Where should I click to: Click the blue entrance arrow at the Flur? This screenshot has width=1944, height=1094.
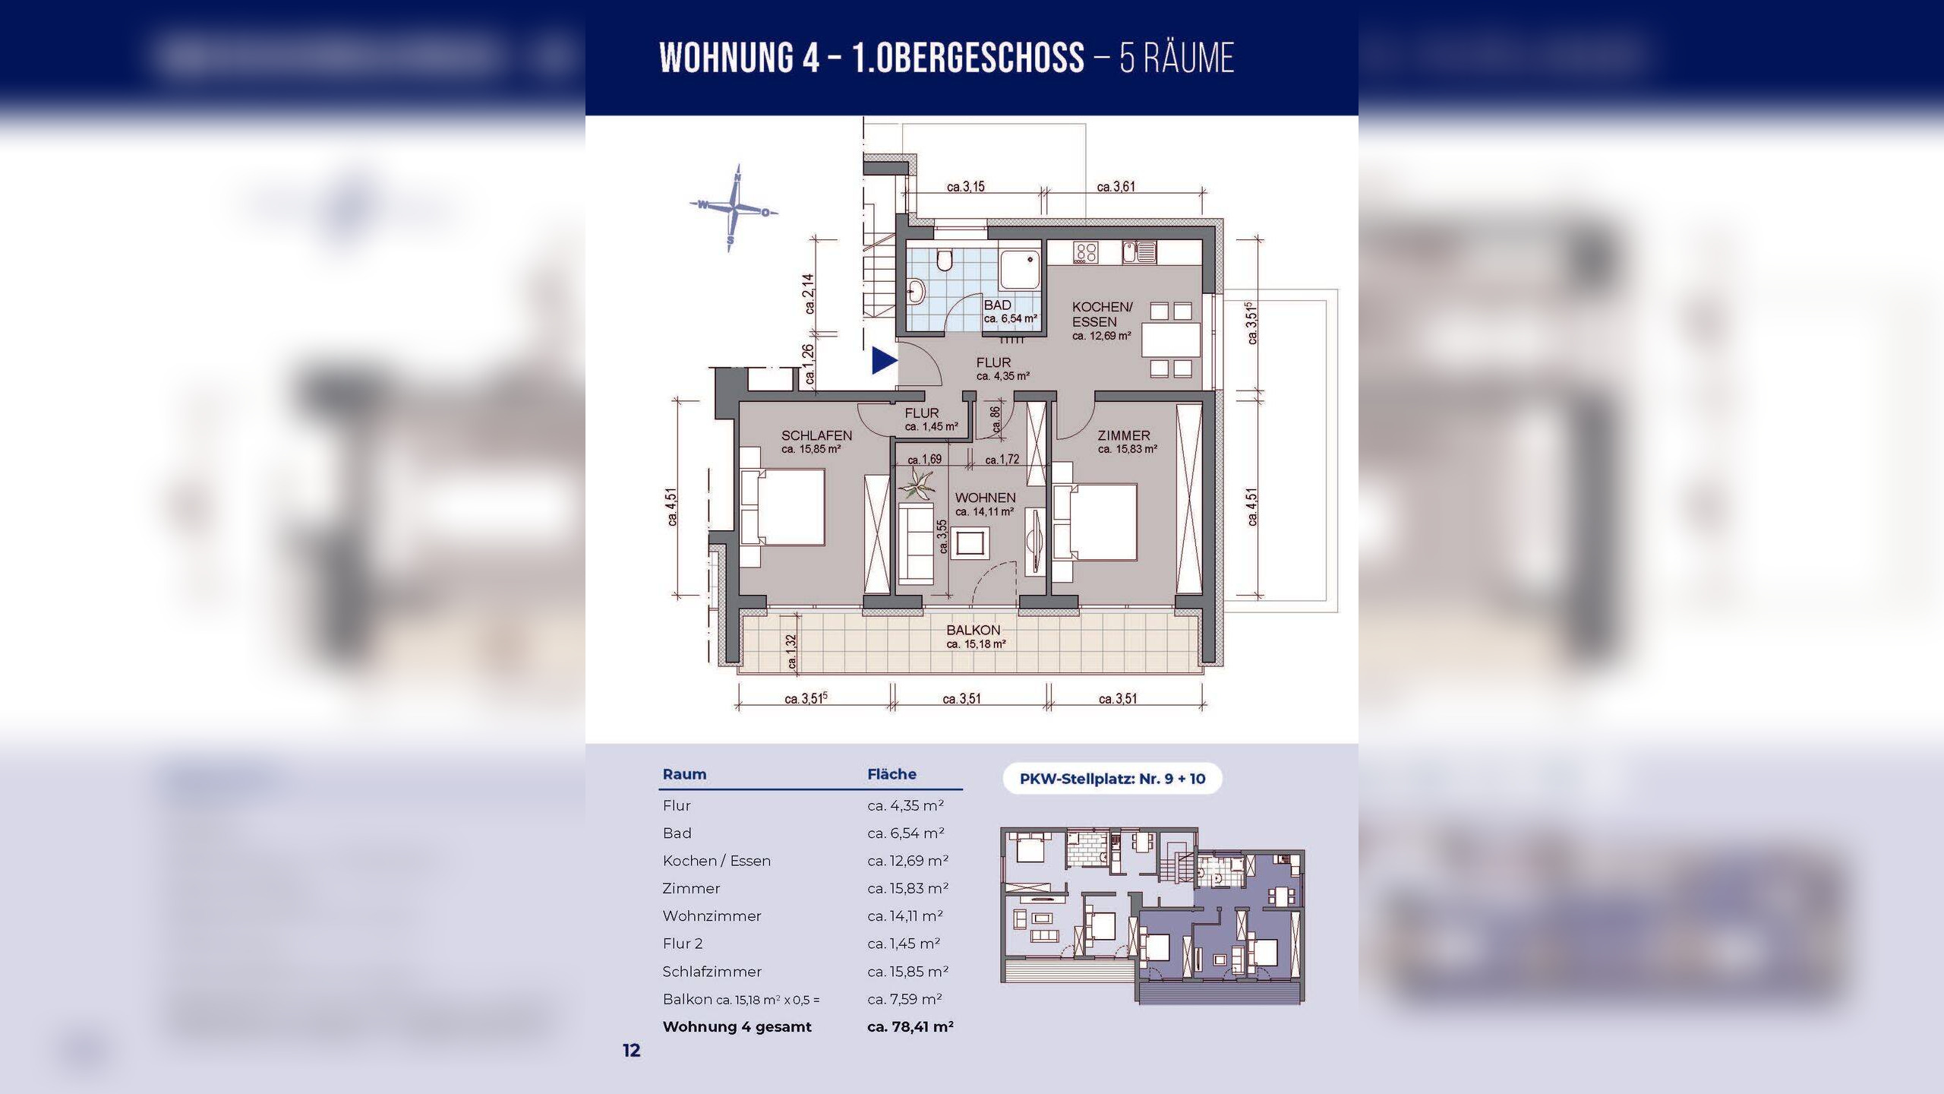pyautogui.click(x=883, y=360)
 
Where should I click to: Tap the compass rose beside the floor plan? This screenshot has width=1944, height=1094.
pyautogui.click(x=734, y=207)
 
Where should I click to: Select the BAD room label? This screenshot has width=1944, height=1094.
pyautogui.click(x=997, y=305)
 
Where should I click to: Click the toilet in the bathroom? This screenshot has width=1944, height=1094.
pyautogui.click(x=945, y=260)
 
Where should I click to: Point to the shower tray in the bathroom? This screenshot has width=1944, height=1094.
pyautogui.click(x=1020, y=270)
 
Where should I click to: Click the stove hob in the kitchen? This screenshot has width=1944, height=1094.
pyautogui.click(x=1085, y=252)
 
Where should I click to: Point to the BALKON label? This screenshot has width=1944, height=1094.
pyautogui.click(x=973, y=630)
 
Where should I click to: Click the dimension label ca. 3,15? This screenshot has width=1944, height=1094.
pyautogui.click(x=965, y=186)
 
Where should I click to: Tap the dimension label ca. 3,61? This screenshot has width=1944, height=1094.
pyautogui.click(x=1116, y=186)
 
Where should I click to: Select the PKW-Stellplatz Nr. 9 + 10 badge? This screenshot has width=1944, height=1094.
pyautogui.click(x=1112, y=779)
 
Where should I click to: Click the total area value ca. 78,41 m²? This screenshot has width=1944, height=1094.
pyautogui.click(x=910, y=1026)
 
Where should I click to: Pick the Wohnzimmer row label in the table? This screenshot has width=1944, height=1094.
pyautogui.click(x=712, y=916)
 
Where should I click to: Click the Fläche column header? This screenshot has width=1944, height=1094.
pyautogui.click(x=892, y=774)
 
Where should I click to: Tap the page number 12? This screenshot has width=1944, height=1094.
pyautogui.click(x=632, y=1050)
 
